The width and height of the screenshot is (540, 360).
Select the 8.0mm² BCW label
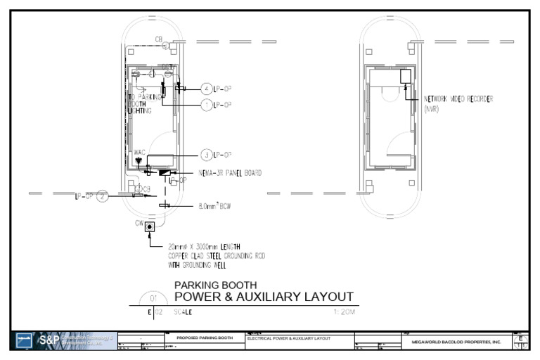coord(215,207)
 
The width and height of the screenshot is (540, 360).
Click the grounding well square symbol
coord(149,226)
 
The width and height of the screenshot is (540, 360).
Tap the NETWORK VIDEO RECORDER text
coord(458,99)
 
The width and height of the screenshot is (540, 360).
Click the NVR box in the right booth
coord(405,77)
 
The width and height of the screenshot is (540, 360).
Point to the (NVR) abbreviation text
coord(432,108)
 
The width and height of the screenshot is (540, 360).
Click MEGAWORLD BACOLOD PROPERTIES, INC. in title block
coord(456,342)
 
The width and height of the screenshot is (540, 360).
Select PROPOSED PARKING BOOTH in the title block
coord(205,338)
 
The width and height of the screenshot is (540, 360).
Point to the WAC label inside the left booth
coord(139,152)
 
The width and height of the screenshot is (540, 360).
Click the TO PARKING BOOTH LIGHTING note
coord(143,104)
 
